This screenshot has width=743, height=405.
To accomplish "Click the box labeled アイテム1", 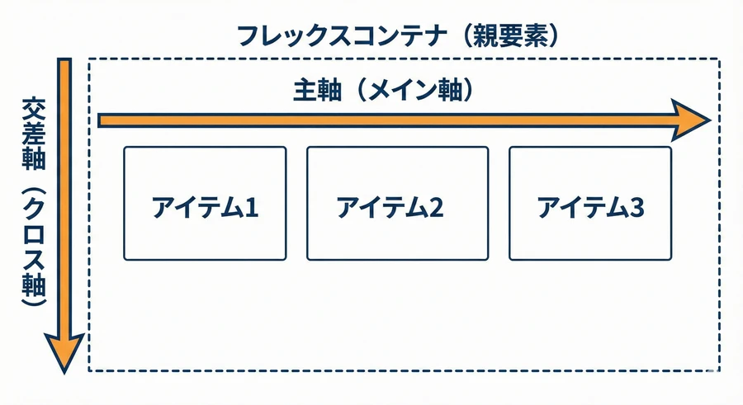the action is tap(205, 203).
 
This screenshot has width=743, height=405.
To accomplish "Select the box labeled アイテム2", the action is tap(398, 203).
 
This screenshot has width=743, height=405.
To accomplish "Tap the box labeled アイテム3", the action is tap(590, 203).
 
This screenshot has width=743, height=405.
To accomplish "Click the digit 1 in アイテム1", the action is tap(252, 208).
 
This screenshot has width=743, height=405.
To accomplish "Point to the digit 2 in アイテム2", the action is tap(436, 208).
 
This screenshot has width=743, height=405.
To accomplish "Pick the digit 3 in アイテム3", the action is tap(637, 208).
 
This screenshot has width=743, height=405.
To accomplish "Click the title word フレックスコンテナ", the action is tap(342, 36).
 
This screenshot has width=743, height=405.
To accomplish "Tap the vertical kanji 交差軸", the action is tap(34, 134).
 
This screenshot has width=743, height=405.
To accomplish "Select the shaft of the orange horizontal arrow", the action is tap(385, 120).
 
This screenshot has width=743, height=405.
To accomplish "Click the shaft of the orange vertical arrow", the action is tap(64, 195).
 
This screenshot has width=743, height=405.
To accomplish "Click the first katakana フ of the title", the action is tap(248, 36).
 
